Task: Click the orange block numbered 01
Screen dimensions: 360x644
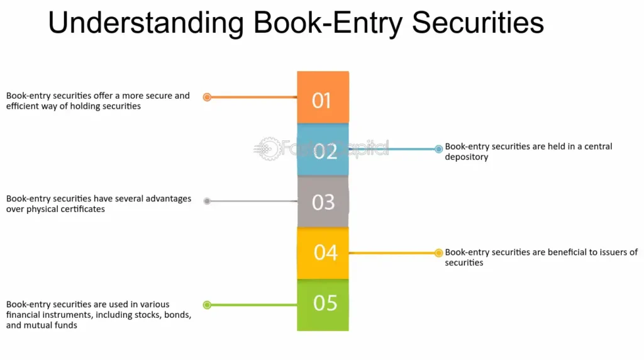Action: pos(323,98)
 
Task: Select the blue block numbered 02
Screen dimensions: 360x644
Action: pos(323,150)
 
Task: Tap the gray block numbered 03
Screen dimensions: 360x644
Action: pos(323,201)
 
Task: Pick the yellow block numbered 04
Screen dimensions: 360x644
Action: pos(323,252)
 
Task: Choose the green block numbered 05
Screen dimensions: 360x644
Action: pos(323,304)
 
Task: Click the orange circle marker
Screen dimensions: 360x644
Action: pos(207,97)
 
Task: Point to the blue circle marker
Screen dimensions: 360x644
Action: pos(438,149)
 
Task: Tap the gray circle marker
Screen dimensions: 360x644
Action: pos(207,201)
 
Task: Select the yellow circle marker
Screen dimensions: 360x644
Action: pos(438,253)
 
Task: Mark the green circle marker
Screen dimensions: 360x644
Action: pos(207,305)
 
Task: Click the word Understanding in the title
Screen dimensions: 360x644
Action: pos(147,24)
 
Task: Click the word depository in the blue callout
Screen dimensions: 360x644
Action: pos(467,157)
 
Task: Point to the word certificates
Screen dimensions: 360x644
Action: pos(78,209)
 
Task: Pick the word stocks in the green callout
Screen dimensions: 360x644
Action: pos(149,314)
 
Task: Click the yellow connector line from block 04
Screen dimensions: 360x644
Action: pos(393,253)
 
